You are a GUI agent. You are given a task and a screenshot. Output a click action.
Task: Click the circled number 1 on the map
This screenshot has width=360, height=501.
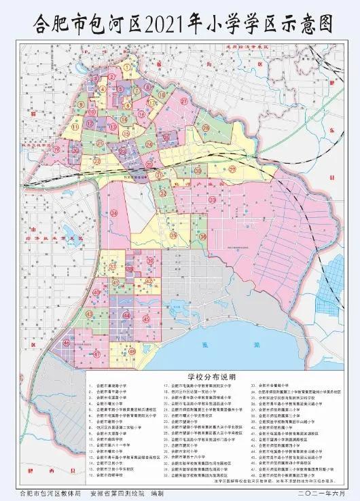pyautogui.click(x=127, y=66)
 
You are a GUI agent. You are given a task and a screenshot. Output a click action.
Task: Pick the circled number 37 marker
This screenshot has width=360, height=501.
pyautogui.click(x=113, y=266)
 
